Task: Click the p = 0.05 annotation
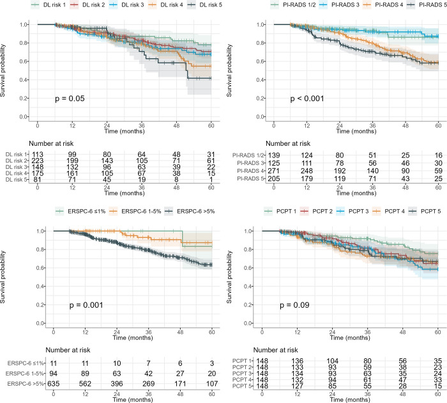[68, 99]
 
